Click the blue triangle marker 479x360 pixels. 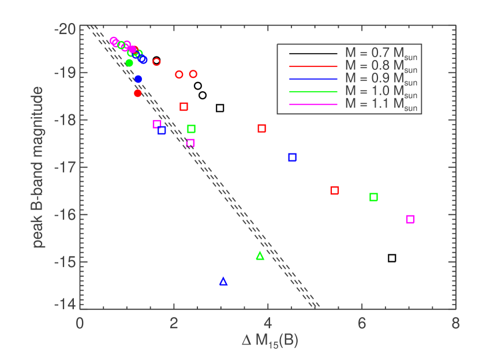[x=223, y=282]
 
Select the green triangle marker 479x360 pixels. [x=260, y=256]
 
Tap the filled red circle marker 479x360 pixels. [x=137, y=93]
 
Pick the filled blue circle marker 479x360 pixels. [x=138, y=79]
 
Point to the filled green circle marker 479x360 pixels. [x=129, y=63]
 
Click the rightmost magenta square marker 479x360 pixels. [x=410, y=219]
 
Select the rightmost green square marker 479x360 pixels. [x=373, y=197]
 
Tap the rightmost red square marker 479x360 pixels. [x=334, y=190]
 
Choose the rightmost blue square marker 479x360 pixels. [x=292, y=157]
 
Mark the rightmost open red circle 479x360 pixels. [x=193, y=74]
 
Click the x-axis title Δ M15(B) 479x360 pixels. [x=270, y=342]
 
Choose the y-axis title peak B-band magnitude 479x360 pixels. [x=39, y=167]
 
